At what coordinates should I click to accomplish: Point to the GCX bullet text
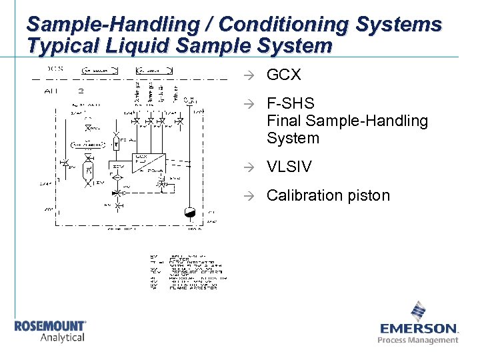283,75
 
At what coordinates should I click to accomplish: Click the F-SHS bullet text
290,105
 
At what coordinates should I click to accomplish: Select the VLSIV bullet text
289,167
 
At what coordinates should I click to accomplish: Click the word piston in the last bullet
369,196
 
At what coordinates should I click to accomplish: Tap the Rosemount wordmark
50,326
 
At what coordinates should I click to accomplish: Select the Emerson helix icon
418,311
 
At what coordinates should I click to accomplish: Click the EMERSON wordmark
418,329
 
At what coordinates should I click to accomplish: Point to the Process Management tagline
418,340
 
